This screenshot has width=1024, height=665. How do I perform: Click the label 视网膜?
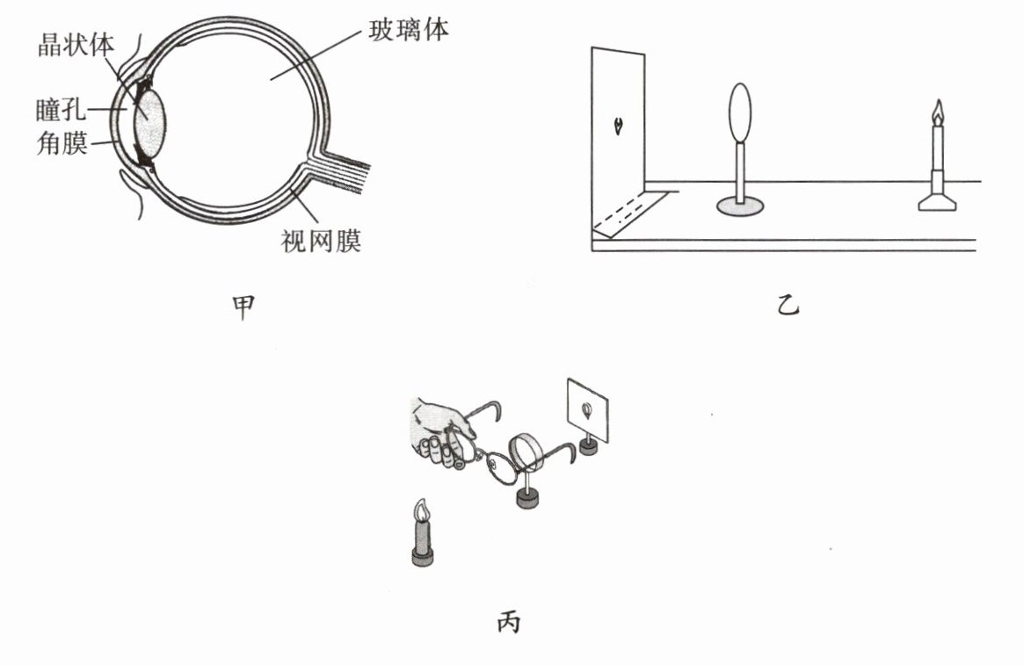click(x=321, y=240)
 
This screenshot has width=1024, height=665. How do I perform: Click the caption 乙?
click(x=788, y=307)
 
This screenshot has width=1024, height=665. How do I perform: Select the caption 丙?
click(x=508, y=623)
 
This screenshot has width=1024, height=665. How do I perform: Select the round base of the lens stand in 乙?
click(x=741, y=206)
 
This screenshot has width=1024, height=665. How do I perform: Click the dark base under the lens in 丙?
click(x=528, y=500)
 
